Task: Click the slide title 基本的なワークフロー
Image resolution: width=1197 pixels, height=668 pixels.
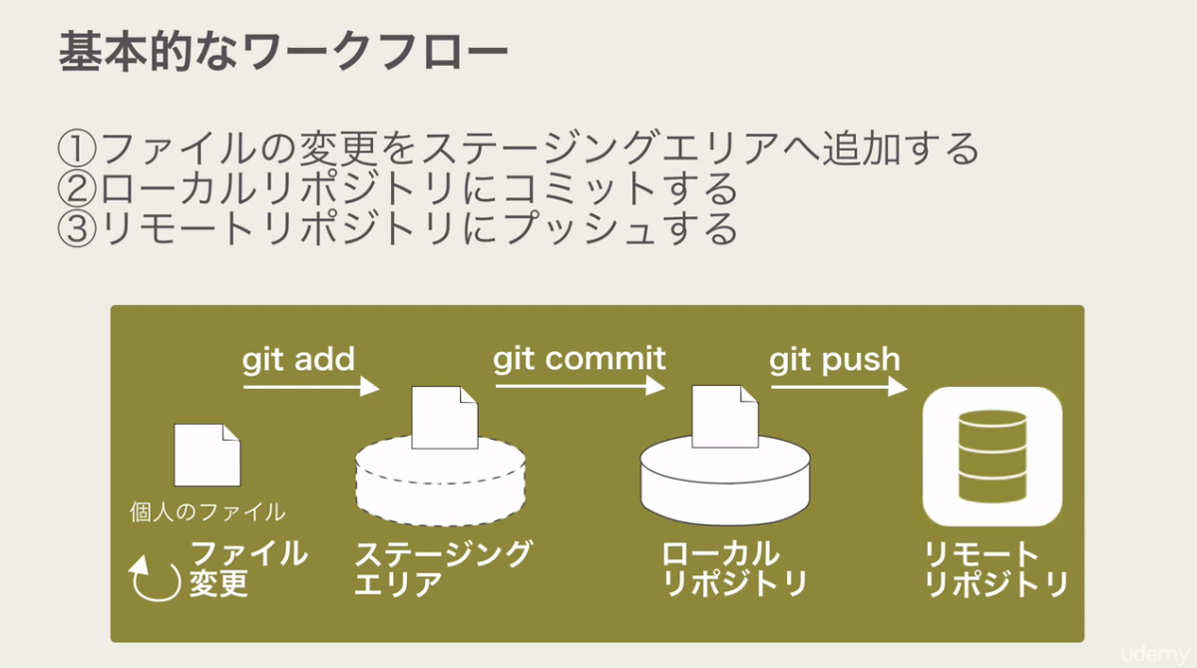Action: [x=283, y=53]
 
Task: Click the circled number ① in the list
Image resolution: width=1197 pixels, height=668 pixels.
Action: [x=77, y=150]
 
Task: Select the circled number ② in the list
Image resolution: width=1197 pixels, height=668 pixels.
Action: [x=77, y=189]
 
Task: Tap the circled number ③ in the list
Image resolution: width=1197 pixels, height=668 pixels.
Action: [x=77, y=228]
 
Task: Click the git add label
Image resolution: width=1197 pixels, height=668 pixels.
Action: [x=298, y=359]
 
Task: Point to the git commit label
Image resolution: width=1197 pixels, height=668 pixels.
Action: [x=579, y=359]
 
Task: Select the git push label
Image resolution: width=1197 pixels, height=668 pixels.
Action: [x=834, y=359]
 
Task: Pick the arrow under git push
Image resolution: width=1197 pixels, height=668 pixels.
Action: [x=838, y=387]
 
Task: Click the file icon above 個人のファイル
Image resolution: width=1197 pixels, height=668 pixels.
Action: [x=207, y=456]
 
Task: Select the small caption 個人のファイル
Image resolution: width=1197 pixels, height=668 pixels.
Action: [x=207, y=512]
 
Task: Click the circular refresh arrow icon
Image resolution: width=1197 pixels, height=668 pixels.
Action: [x=155, y=579]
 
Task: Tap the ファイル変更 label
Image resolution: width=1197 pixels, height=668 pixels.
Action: [x=247, y=567]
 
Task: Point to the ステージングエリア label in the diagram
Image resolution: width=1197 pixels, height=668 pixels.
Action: [x=443, y=567]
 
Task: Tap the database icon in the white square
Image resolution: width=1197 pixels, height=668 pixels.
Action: [x=992, y=457]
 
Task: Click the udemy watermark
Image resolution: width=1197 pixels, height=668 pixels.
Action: [x=1155, y=654]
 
